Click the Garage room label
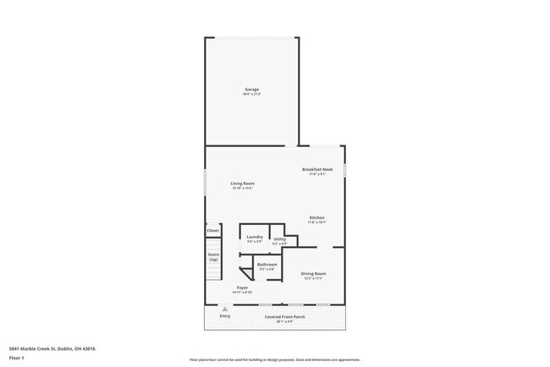[251, 89]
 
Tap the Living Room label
[243, 183]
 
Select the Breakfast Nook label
[318, 169]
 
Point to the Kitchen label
[316, 217]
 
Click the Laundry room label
[255, 238]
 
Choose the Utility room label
[279, 239]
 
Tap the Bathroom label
[267, 265]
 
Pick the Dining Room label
[314, 273]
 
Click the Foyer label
[242, 288]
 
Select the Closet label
[213, 230]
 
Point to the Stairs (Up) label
[213, 256]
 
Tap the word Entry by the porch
[224, 316]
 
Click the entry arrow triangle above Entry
[224, 309]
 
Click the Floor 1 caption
[16, 358]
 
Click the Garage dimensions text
[251, 94]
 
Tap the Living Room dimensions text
[243, 188]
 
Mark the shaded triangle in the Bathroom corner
[246, 271]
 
